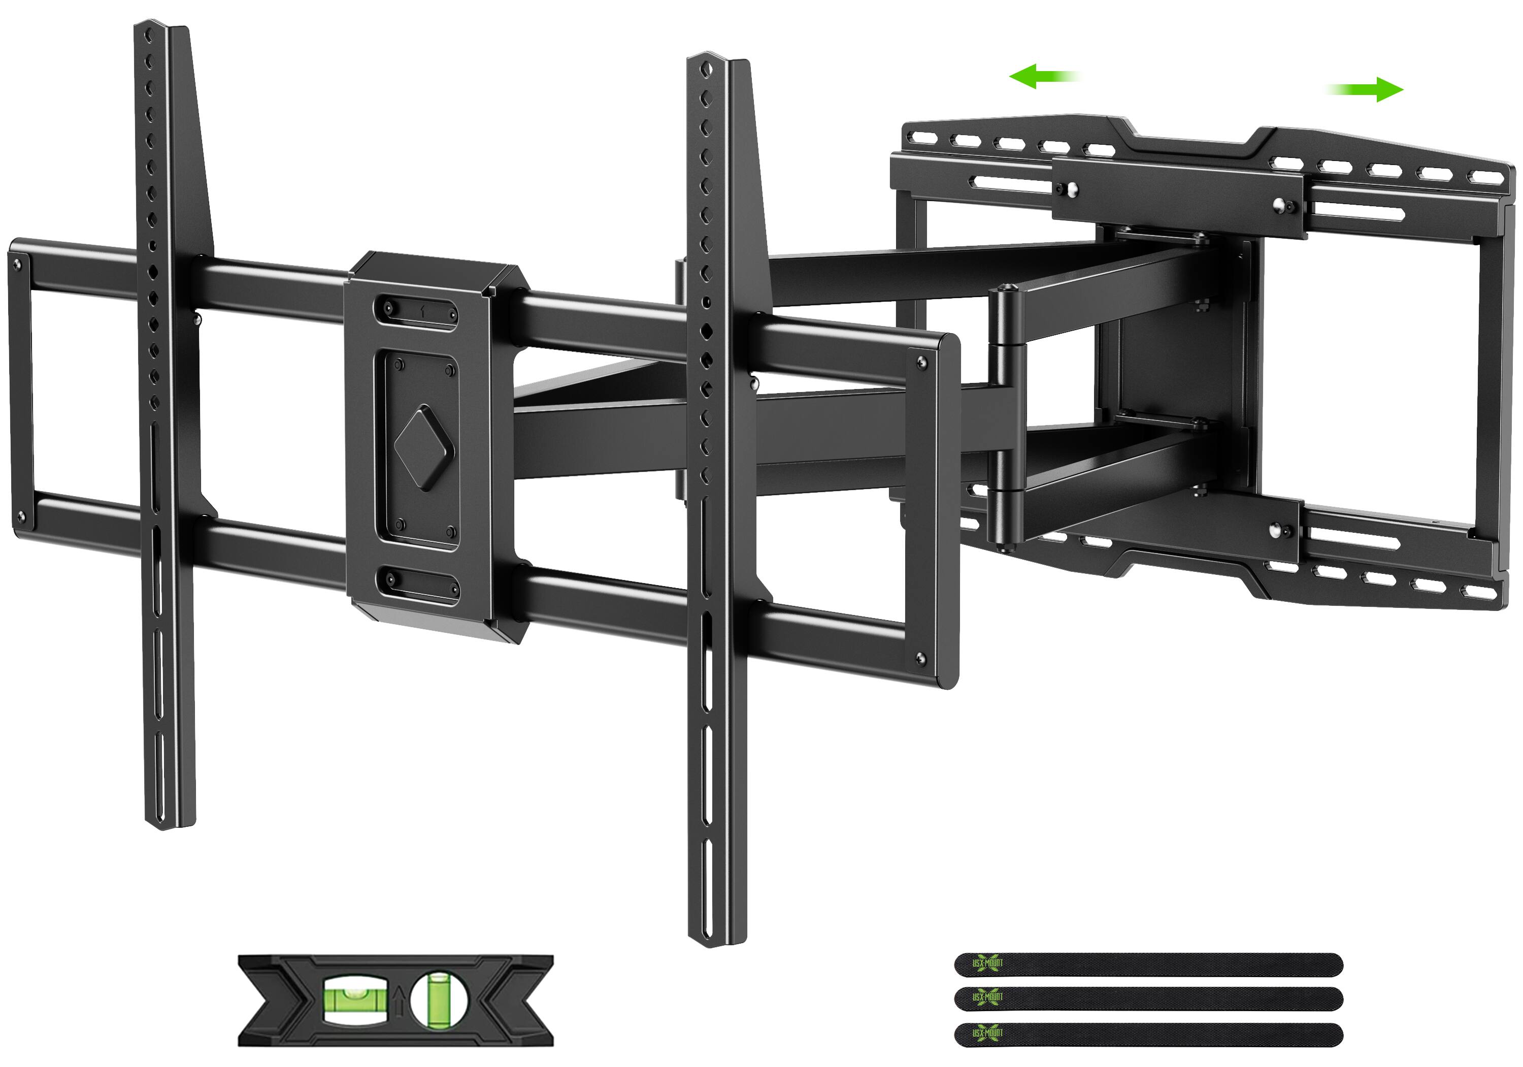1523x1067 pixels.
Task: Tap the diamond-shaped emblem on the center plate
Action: [424, 448]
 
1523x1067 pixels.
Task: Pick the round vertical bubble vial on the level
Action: [439, 999]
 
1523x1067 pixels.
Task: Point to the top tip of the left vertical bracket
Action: [151, 24]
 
